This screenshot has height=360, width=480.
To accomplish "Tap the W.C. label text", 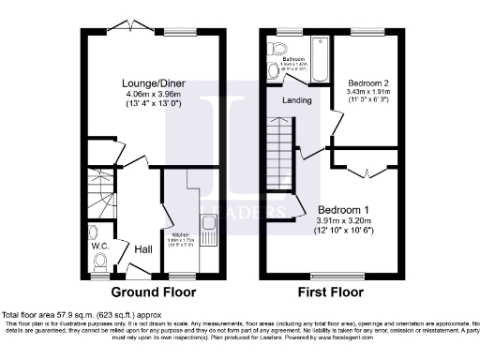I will coord(100,247).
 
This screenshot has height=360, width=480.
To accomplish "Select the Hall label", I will coord(143,249).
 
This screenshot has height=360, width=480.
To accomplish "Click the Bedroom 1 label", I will coord(344,209).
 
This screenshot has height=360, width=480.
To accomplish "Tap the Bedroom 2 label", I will coord(365,82).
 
